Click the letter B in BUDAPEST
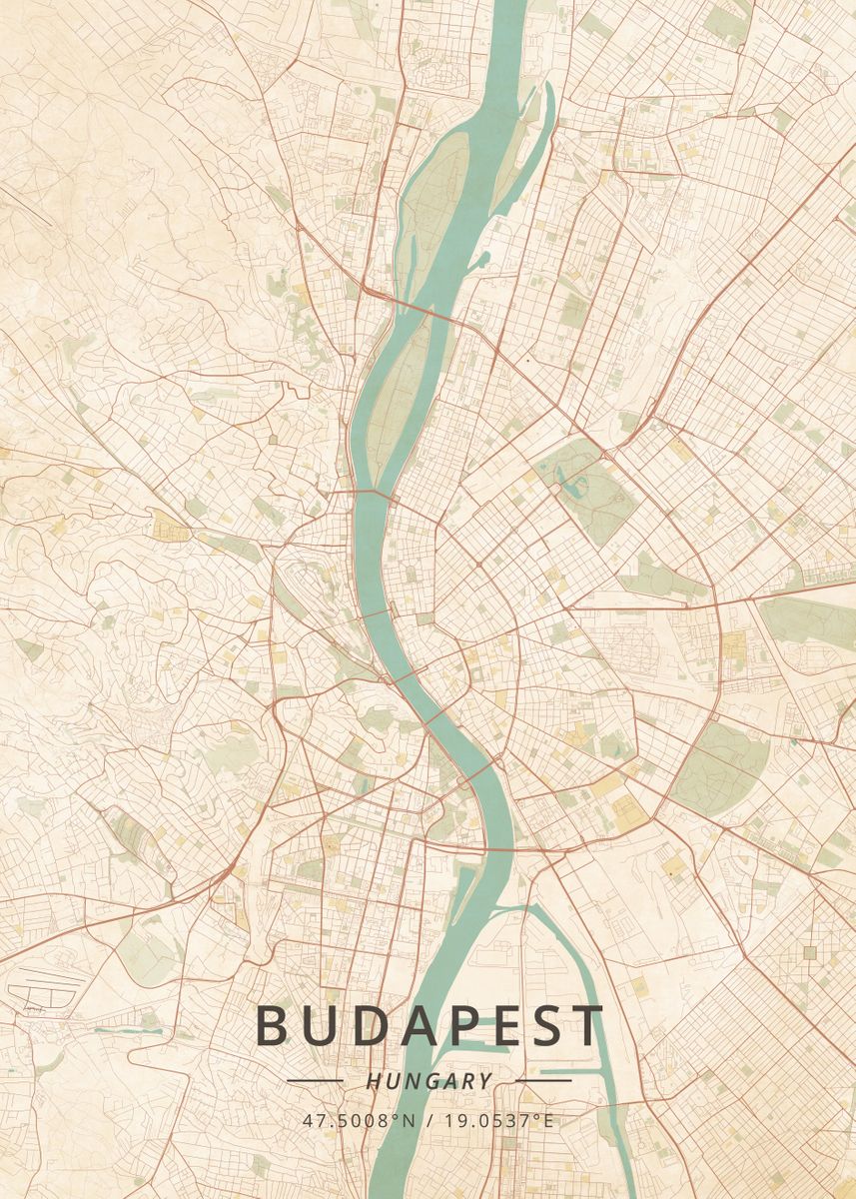275,1026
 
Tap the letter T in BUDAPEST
588,1026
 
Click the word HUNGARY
428,1081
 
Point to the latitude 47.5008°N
359,1120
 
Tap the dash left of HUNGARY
315,1080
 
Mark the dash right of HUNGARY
542,1080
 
